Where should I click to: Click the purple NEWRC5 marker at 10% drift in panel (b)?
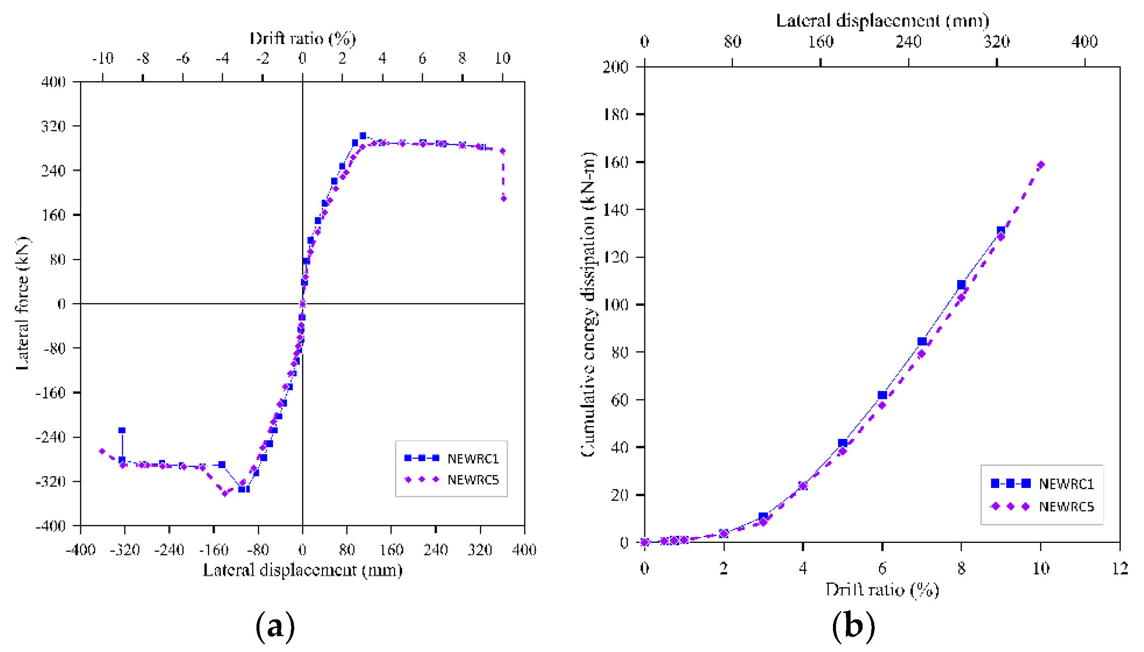tap(1040, 165)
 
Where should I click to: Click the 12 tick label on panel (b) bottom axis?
tap(1120, 568)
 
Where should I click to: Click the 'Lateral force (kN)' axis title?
tap(22, 304)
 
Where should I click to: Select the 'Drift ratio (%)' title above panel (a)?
tap(303, 39)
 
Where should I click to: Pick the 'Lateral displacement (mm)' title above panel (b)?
tap(882, 21)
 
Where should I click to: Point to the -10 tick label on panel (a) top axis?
tap(103, 58)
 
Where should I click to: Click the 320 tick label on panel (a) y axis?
tap(53, 126)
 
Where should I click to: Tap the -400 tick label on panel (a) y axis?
tap(51, 526)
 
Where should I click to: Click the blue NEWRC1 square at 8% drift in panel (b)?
tap(961, 285)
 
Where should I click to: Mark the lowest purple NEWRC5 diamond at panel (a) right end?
tap(503, 198)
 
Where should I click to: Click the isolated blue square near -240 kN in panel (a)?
tap(122, 430)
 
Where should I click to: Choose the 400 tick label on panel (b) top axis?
tap(1084, 42)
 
